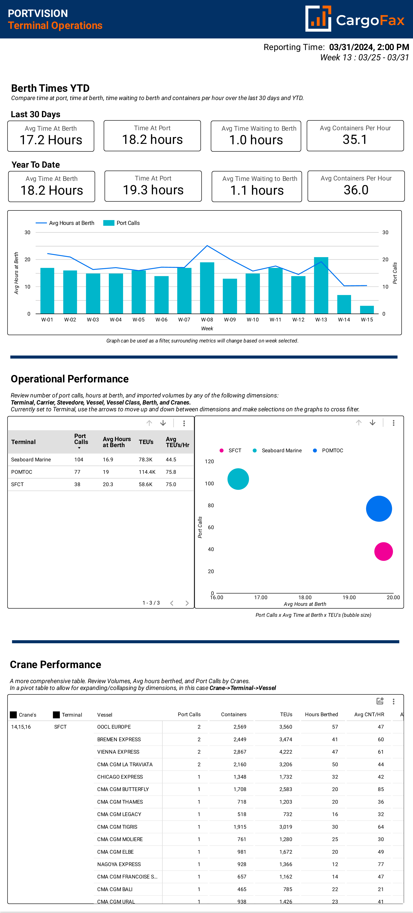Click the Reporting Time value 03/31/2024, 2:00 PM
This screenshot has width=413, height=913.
point(369,47)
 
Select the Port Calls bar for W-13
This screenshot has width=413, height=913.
point(321,285)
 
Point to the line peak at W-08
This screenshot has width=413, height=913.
point(207,246)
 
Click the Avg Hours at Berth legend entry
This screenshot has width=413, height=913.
point(65,223)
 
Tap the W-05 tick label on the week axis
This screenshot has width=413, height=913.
point(139,320)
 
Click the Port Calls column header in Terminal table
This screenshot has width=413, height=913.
point(81,439)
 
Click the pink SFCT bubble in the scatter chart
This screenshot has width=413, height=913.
point(383,551)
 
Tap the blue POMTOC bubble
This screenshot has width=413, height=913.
point(379,509)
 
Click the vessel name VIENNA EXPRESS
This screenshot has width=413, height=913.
point(118,752)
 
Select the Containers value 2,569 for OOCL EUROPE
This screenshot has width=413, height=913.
point(240,727)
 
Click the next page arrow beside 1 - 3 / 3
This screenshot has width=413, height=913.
point(187,603)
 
